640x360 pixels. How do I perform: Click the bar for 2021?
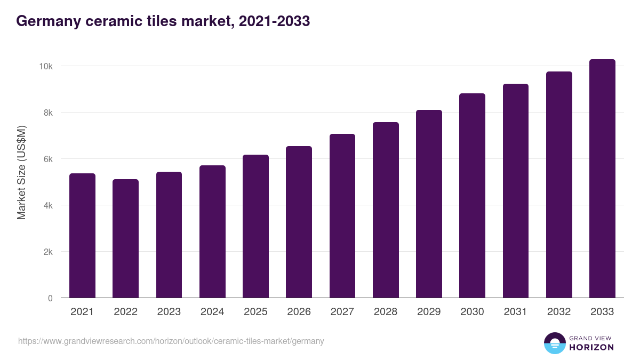82,236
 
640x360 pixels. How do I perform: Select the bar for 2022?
125,238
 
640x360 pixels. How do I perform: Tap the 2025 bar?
255,226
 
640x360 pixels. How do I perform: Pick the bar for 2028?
386,210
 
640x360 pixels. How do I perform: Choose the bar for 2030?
472,196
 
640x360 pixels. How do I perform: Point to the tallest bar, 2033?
602,179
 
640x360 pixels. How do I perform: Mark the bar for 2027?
342,216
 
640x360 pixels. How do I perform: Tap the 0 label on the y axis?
50,298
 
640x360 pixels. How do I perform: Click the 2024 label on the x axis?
212,312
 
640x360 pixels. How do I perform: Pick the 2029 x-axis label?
429,312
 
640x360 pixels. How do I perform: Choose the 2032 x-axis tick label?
559,312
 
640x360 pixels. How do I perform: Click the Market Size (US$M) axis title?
21,173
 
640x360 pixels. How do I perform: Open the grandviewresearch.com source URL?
171,341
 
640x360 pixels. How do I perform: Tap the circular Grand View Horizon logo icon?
554,343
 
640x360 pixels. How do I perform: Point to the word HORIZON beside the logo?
591,347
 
